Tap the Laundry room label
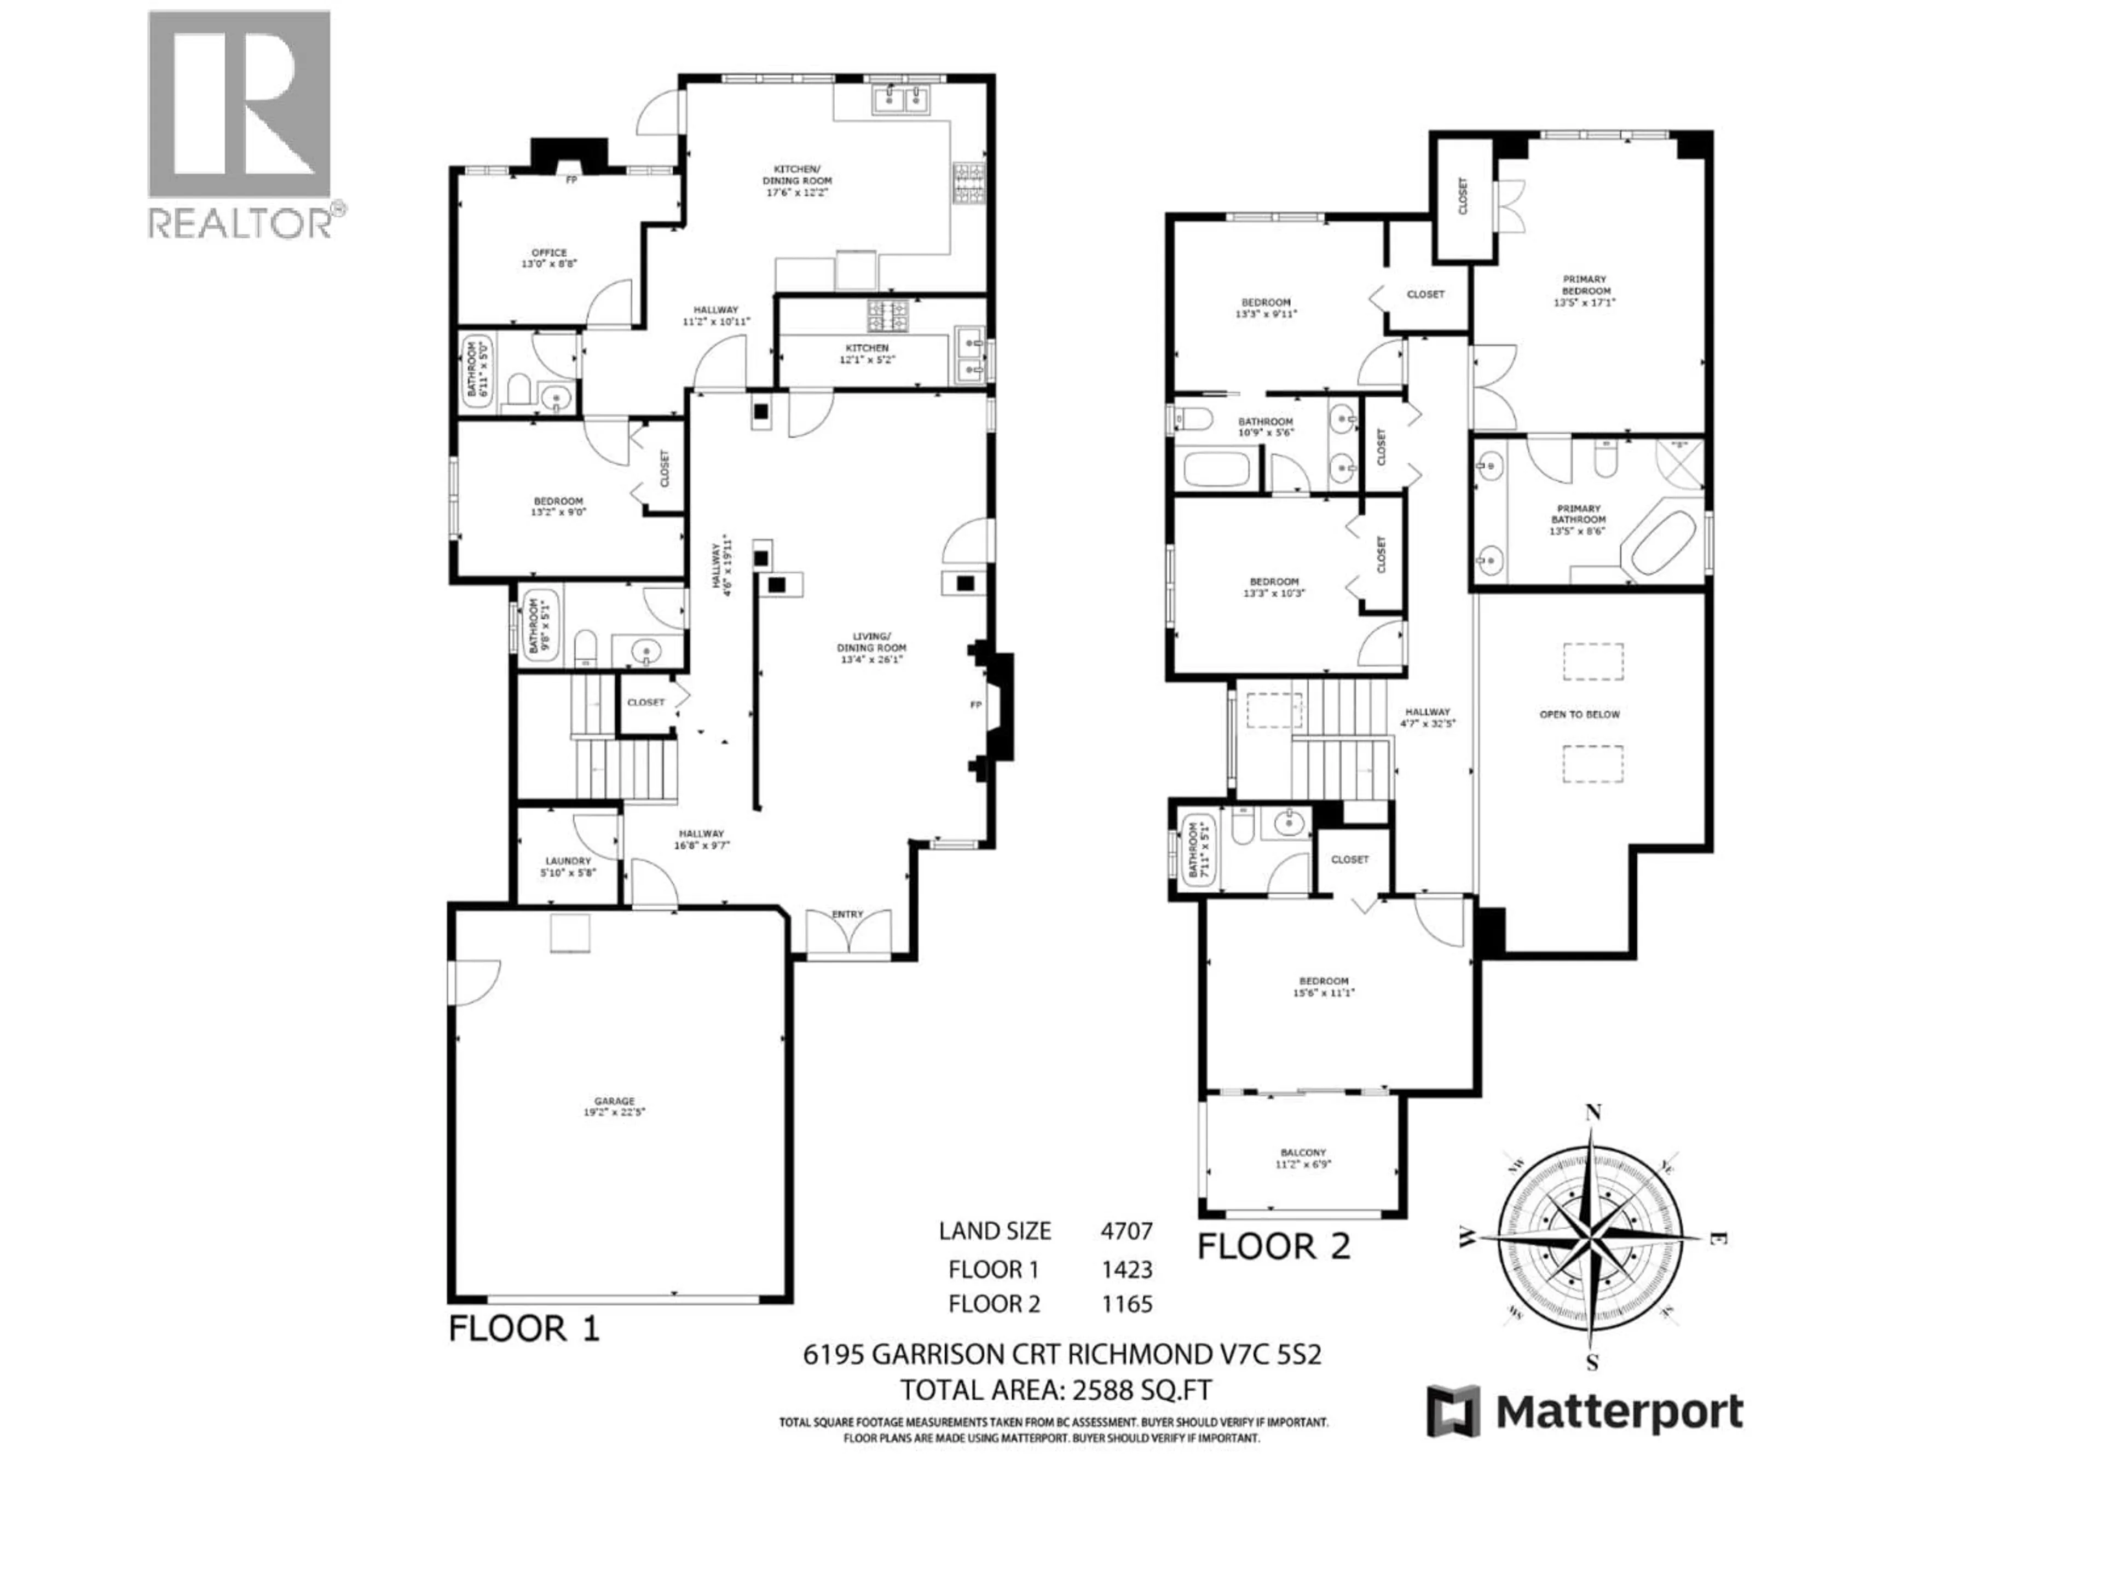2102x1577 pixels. point(567,866)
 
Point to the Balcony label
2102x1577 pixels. point(1302,1158)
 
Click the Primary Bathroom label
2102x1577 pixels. point(1578,520)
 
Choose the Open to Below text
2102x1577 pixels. point(1579,714)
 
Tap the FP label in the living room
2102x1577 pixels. point(975,704)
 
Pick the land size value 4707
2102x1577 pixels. point(1126,1231)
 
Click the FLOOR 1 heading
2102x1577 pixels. point(524,1328)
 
